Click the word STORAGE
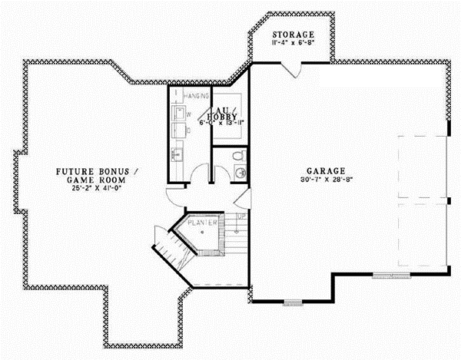coord(293,35)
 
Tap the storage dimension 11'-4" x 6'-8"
coord(293,44)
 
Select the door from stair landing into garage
coord(244,202)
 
